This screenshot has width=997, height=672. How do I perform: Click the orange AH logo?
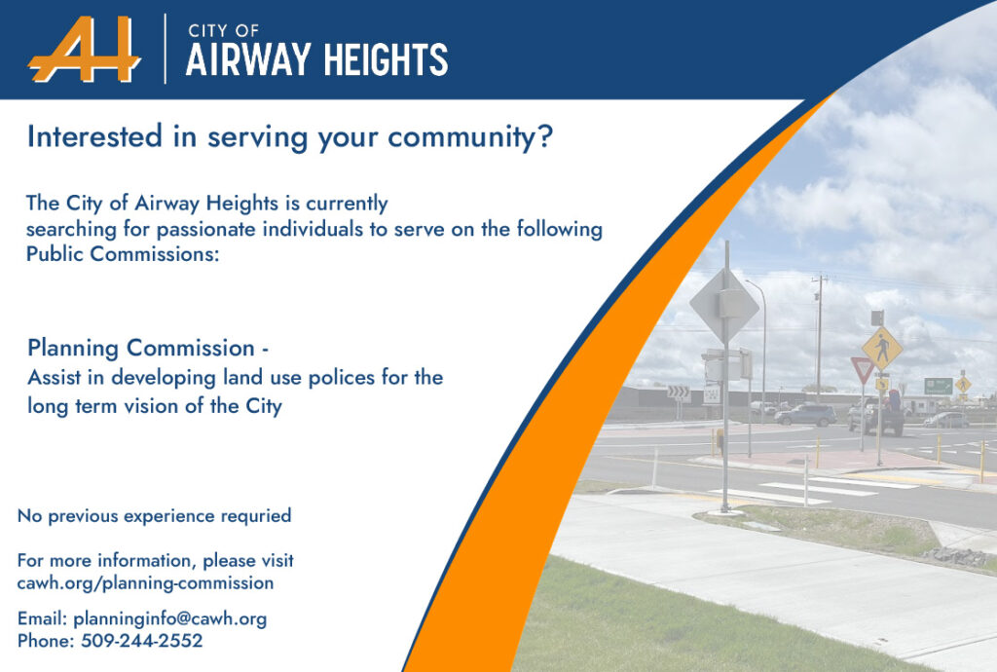click(x=85, y=50)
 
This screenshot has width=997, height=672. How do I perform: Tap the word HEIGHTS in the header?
click(x=386, y=60)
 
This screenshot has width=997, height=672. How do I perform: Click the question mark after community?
click(x=545, y=136)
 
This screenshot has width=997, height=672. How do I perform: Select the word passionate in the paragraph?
click(x=206, y=230)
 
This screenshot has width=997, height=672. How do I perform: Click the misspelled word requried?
click(x=256, y=515)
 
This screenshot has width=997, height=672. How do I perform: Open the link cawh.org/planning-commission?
click(x=146, y=583)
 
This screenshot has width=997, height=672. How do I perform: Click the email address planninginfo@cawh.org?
click(x=169, y=618)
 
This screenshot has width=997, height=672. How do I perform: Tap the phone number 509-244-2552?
click(x=142, y=640)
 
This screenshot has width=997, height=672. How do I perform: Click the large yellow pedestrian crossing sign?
click(x=882, y=348)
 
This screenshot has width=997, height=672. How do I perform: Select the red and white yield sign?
click(x=863, y=369)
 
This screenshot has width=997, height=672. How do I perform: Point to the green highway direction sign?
click(x=938, y=386)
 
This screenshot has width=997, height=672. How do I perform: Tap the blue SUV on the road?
click(x=805, y=415)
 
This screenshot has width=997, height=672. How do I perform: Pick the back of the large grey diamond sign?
click(x=724, y=306)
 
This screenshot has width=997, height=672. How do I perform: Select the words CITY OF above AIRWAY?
click(x=223, y=30)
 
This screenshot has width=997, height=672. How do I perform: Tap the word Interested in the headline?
click(x=94, y=136)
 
